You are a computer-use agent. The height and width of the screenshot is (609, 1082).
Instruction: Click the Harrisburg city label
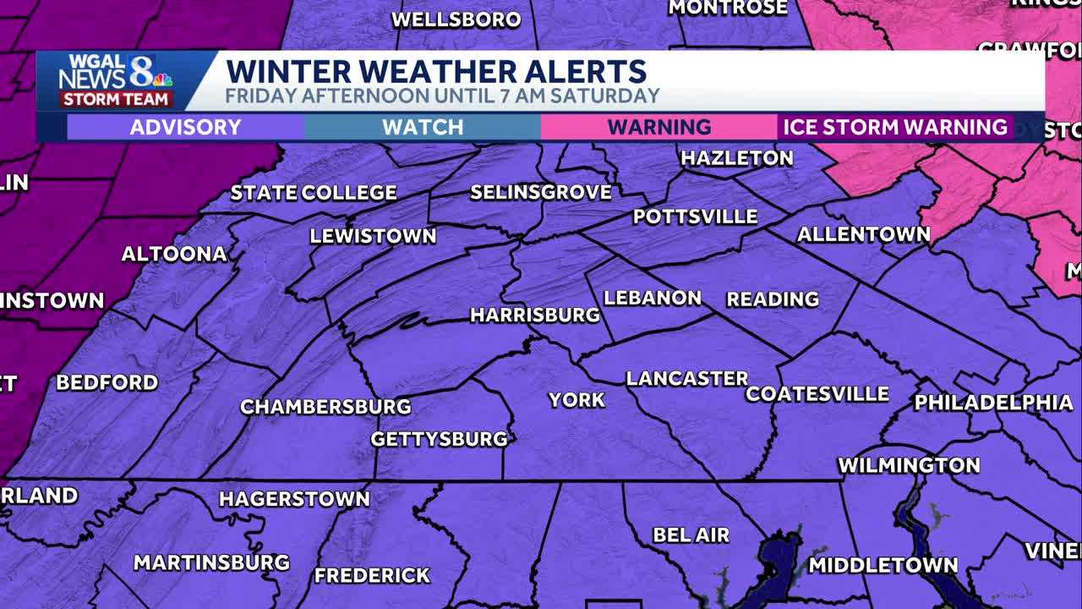coord(534,315)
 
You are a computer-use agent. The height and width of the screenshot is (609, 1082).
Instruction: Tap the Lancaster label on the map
coord(686,378)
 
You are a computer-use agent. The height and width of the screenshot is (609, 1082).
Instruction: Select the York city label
coord(577,400)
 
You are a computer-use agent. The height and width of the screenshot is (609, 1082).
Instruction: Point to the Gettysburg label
coord(439,439)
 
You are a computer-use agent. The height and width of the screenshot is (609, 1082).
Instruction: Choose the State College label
coord(314,193)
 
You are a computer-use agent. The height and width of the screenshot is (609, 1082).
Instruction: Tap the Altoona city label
coord(174,254)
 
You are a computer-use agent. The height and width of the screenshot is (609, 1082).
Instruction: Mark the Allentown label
coord(863,234)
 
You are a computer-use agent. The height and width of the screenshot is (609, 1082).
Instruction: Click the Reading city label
coord(773,299)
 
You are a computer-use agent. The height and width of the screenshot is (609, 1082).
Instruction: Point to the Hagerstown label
coord(294,499)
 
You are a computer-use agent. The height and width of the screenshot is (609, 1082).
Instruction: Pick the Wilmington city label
coord(909,465)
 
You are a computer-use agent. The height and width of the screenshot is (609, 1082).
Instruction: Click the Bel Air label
coord(691,535)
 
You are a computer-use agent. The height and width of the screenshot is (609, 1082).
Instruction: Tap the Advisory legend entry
coord(185,128)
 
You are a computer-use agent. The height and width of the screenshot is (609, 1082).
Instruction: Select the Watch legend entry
coord(423,128)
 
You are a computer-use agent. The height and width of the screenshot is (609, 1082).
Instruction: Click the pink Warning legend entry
coord(659,128)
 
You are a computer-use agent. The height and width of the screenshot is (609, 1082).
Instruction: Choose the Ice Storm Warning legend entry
coord(895,128)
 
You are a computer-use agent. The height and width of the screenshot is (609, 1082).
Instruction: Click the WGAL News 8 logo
coord(116,80)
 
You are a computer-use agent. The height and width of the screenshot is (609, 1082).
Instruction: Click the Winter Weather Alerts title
coord(436,71)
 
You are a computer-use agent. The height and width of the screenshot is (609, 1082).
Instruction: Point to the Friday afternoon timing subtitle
coord(442,96)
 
